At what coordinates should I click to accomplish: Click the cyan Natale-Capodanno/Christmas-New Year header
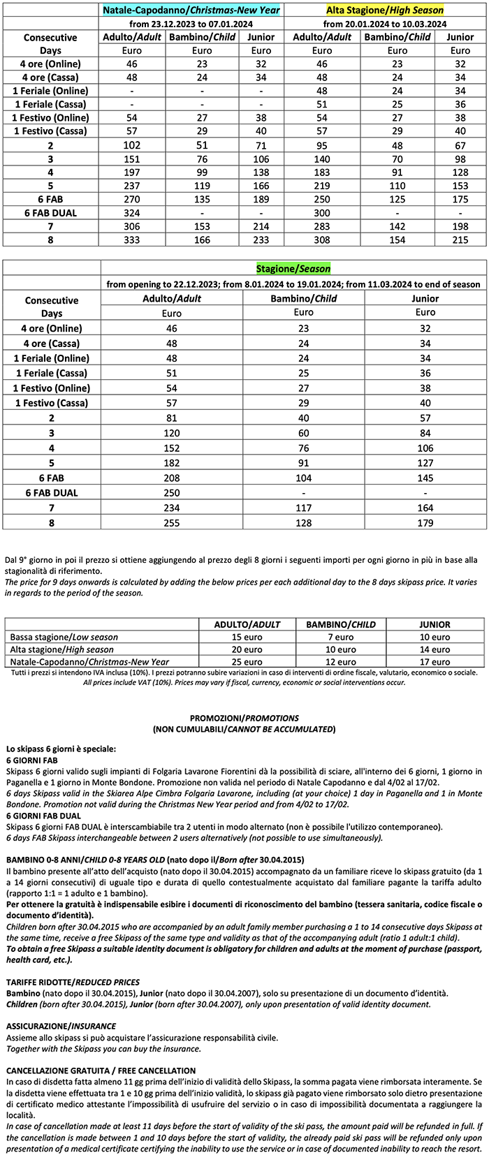coord(191,10)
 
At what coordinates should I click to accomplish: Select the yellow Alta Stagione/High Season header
coord(385,10)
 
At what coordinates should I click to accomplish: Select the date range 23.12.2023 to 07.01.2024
coord(191,24)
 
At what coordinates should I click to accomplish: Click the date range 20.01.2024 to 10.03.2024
coord(385,24)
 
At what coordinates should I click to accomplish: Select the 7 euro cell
coord(341,636)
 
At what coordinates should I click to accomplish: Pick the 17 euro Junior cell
coord(434,661)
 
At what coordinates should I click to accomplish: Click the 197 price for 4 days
coord(131,172)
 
